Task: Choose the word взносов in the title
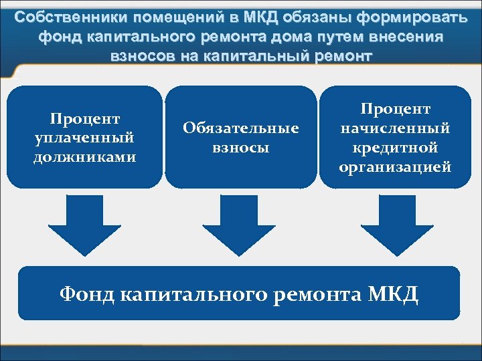[141, 57]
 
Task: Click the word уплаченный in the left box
[84, 138]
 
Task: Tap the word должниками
[84, 157]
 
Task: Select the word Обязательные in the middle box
[240, 128]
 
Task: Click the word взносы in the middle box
[240, 147]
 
